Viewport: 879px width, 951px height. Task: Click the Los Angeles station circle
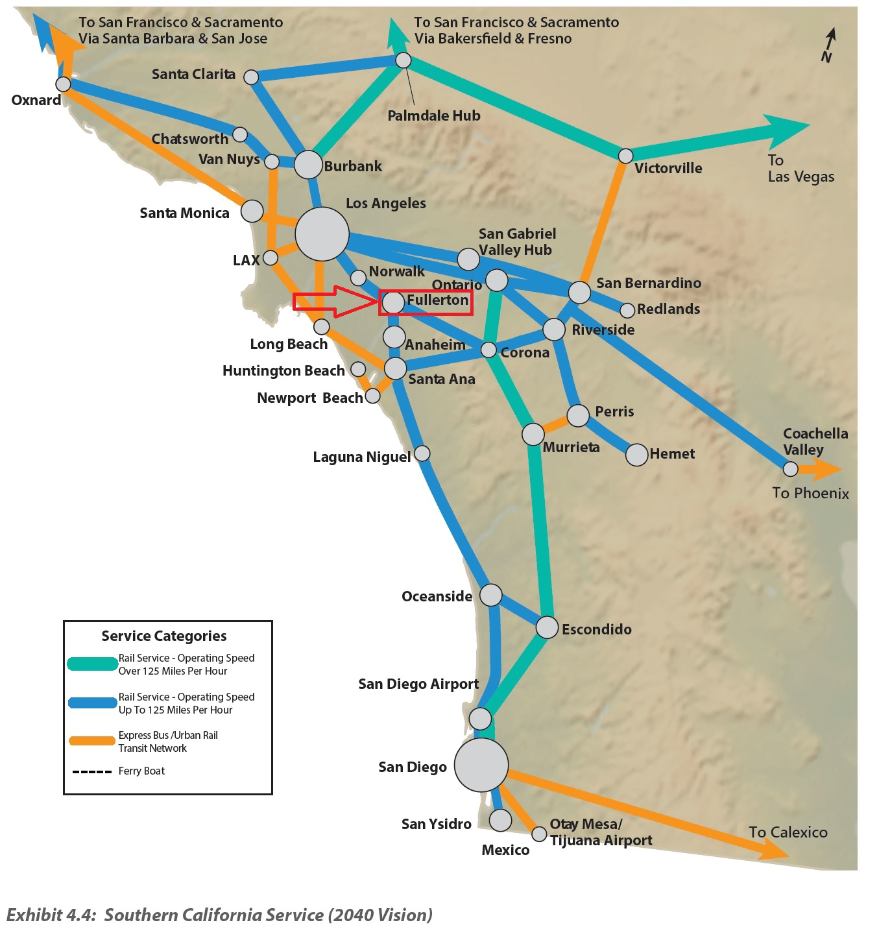322,234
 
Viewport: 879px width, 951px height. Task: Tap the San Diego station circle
481,765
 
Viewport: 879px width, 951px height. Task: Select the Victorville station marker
625,156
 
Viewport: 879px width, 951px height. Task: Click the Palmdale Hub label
433,115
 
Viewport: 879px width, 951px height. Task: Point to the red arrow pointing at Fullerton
334,301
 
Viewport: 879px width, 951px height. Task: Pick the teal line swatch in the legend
91,664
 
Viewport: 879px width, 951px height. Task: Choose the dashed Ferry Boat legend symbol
91,771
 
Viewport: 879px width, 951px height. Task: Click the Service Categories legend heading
164,636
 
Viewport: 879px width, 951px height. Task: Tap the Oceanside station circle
490,595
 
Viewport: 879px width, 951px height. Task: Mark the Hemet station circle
637,455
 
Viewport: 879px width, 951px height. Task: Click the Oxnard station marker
63,84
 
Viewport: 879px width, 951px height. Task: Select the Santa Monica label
184,213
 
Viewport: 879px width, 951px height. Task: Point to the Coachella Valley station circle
790,468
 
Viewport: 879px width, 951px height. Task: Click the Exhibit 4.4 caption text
219,915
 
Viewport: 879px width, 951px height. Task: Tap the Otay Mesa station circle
539,834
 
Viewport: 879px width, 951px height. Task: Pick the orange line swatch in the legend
91,741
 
